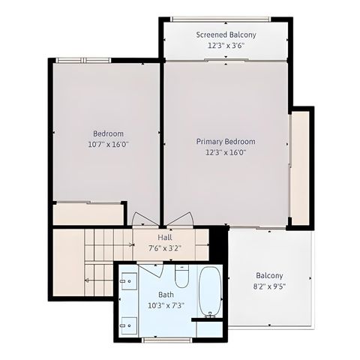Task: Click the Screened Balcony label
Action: point(226,34)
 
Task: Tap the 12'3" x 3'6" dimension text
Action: point(226,46)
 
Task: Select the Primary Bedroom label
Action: point(226,141)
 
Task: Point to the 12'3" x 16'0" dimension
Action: point(226,152)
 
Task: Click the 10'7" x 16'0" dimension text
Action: point(108,145)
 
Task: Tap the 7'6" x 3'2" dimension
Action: point(165,248)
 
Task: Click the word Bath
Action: point(166,295)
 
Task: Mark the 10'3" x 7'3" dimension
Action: point(166,305)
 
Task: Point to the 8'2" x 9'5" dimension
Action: point(269,286)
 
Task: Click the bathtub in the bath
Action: point(211,291)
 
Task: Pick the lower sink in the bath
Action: point(128,324)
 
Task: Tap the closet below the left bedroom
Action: point(88,214)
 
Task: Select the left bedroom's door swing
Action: point(144,219)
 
